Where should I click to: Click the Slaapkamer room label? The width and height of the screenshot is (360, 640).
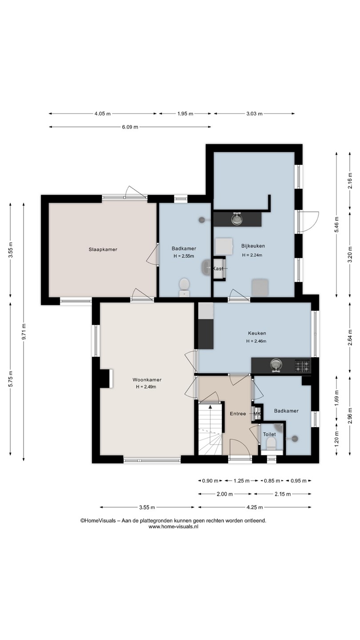pos(103,249)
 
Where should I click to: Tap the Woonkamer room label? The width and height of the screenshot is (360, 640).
pos(147,380)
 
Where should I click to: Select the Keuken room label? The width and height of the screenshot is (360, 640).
pos(257,333)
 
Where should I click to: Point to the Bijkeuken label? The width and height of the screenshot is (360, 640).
pos(253,246)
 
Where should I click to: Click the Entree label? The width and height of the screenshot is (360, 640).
pos(238,413)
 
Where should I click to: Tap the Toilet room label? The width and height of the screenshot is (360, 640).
pos(269,434)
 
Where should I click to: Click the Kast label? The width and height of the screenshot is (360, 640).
pos(218,268)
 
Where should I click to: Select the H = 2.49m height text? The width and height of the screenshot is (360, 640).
pos(146,387)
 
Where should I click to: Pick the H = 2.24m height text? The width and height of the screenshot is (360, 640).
pos(252,255)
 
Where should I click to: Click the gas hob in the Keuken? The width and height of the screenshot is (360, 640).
pos(303,366)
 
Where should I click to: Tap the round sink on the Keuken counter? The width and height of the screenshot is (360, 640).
pos(276,365)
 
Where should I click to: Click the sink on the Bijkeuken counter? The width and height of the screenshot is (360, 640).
pos(237,219)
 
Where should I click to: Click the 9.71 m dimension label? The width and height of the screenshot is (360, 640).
pos(24,332)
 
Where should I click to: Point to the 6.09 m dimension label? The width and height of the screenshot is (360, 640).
pos(130,127)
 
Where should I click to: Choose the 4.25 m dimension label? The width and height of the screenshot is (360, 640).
pos(255,508)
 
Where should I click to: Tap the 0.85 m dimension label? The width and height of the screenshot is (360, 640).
pos(272,480)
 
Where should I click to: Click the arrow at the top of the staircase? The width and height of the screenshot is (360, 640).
pos(211,407)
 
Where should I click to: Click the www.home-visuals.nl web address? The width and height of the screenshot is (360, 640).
pos(173,527)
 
